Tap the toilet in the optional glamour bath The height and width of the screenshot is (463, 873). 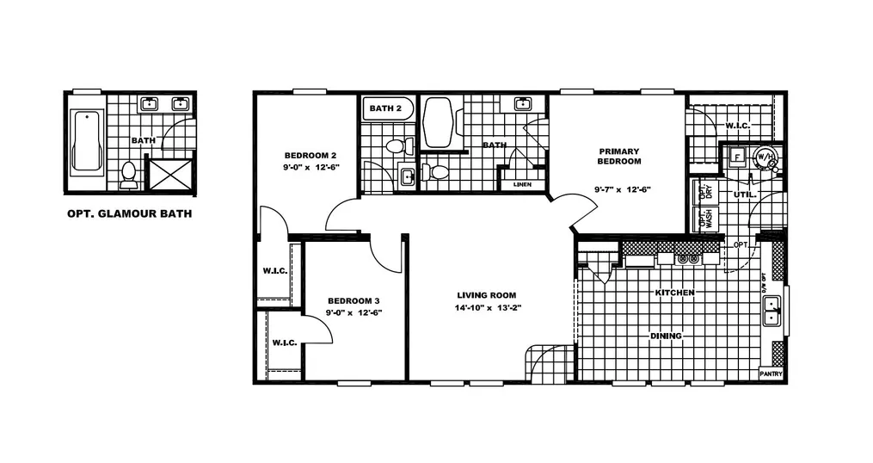[x=129, y=174]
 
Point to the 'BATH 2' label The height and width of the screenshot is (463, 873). [x=385, y=108]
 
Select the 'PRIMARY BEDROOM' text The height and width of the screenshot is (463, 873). [x=619, y=157]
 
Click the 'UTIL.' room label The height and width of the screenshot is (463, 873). [x=744, y=195]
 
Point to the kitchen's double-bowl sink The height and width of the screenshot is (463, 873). [x=772, y=311]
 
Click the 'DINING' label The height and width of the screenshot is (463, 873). [x=666, y=336]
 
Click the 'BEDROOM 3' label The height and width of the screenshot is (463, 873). [x=354, y=301]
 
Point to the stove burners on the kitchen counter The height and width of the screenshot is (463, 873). [x=687, y=257]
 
